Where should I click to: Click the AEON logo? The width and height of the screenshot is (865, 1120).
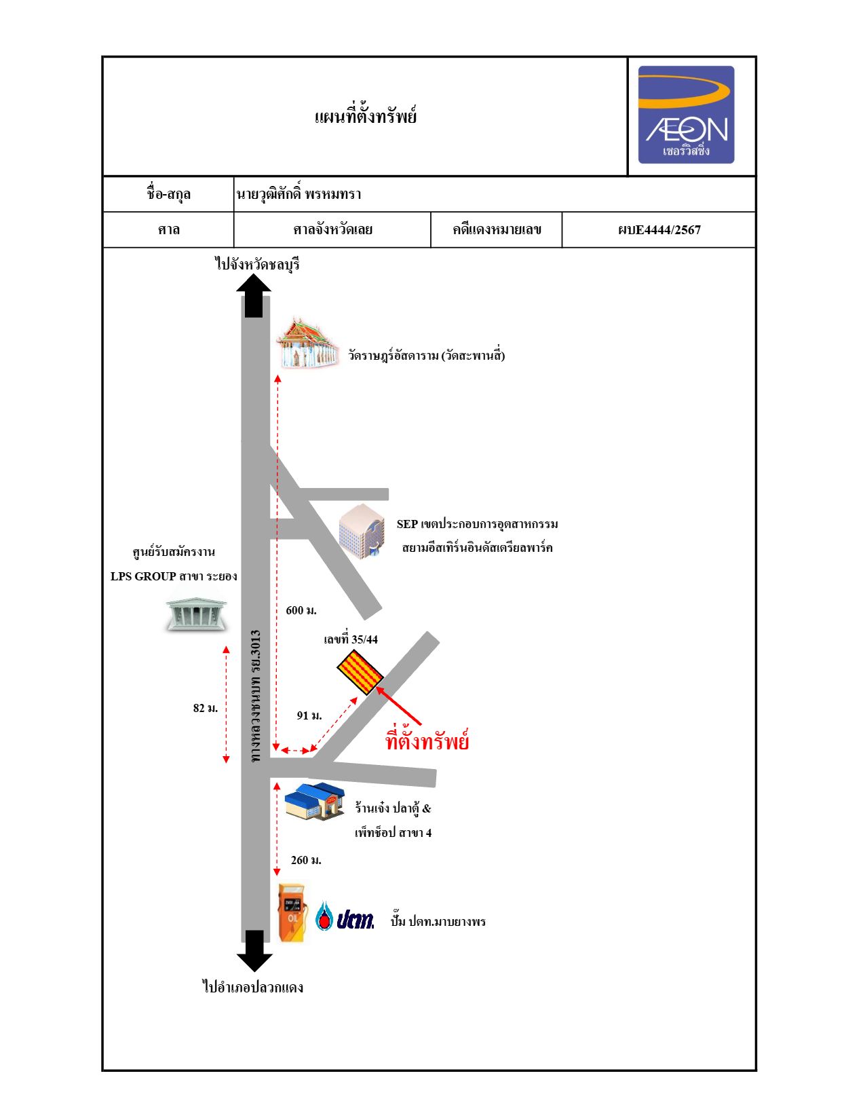(686, 115)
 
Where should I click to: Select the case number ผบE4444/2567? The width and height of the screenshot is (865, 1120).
(659, 230)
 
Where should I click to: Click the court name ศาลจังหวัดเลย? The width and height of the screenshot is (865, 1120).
(332, 229)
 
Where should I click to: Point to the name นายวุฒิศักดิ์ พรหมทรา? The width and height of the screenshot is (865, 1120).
(299, 193)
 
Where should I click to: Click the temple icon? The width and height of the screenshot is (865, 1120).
(307, 343)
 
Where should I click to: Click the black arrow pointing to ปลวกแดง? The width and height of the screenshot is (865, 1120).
(254, 951)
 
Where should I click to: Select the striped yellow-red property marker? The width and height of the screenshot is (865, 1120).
(360, 672)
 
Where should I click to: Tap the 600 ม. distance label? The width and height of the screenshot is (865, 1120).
(301, 610)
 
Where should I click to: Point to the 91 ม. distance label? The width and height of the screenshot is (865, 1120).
(309, 715)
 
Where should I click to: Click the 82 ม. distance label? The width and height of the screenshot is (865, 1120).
(206, 708)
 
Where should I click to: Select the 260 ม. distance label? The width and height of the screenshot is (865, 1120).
(306, 860)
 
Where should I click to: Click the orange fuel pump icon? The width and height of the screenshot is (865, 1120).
(292, 913)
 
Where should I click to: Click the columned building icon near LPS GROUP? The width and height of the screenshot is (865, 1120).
(196, 614)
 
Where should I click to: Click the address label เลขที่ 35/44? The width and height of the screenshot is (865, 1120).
(351, 639)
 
